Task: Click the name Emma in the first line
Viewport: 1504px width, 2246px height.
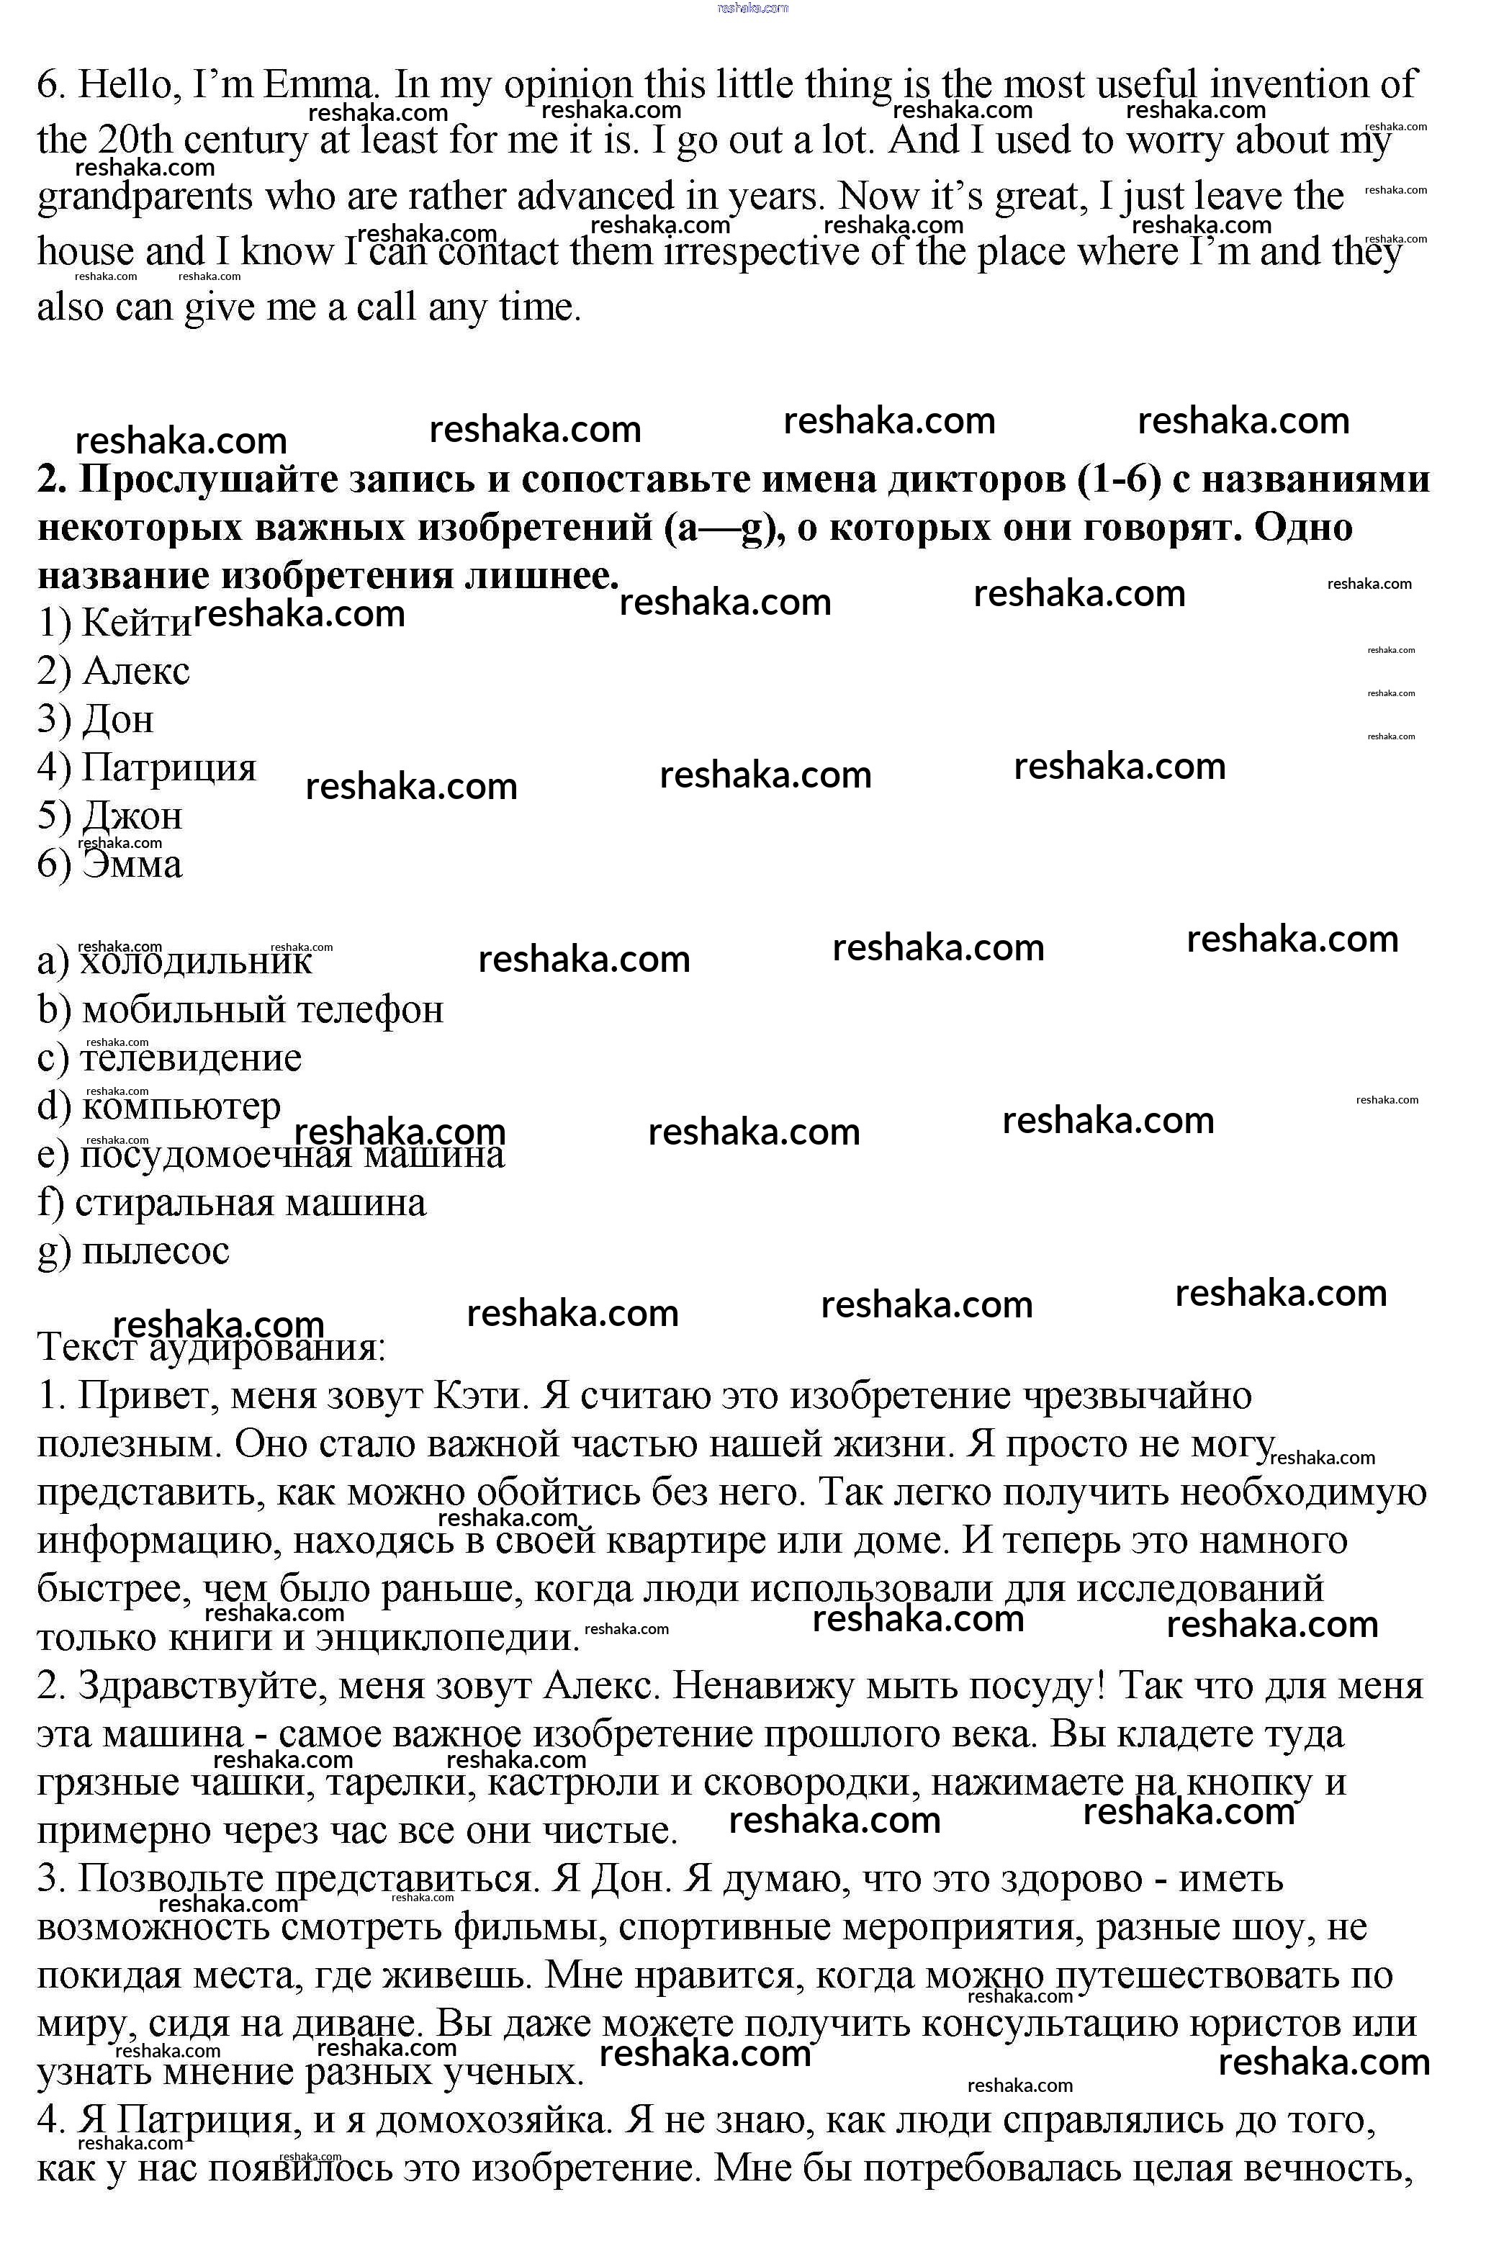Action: [x=320, y=86]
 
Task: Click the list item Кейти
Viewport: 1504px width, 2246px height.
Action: [x=136, y=624]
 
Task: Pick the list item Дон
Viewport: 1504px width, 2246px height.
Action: [x=117, y=719]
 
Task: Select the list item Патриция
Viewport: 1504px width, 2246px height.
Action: [x=168, y=767]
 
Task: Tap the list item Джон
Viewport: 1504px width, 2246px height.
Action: [x=132, y=816]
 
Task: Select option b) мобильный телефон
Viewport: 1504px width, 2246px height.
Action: [x=262, y=1010]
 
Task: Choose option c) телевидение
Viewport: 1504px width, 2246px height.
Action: [x=190, y=1057]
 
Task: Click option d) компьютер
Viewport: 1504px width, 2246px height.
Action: [x=180, y=1106]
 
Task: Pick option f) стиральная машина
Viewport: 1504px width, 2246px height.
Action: [x=249, y=1203]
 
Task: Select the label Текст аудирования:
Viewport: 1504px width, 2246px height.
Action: [x=211, y=1348]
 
